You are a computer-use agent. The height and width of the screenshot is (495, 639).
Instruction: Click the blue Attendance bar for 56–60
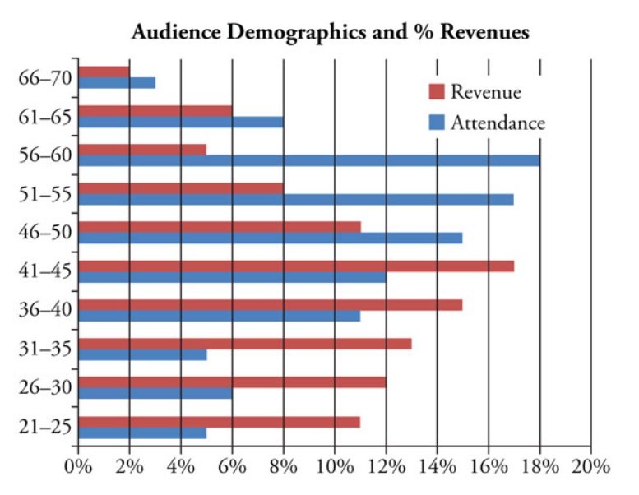(x=309, y=160)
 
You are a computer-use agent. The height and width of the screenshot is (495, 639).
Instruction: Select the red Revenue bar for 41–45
(x=296, y=266)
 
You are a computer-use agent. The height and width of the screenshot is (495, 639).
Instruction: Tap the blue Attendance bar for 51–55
(x=296, y=199)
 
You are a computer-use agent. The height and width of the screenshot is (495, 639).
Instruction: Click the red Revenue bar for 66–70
(x=104, y=72)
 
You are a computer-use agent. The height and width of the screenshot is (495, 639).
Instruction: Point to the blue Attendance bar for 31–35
(x=142, y=354)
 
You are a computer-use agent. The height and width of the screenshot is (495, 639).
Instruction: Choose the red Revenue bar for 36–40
(x=271, y=305)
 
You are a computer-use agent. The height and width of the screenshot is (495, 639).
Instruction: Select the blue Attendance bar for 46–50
(x=271, y=238)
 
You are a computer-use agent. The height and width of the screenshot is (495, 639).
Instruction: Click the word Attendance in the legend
(x=498, y=123)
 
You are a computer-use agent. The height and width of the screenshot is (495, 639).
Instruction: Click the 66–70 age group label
(x=44, y=78)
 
